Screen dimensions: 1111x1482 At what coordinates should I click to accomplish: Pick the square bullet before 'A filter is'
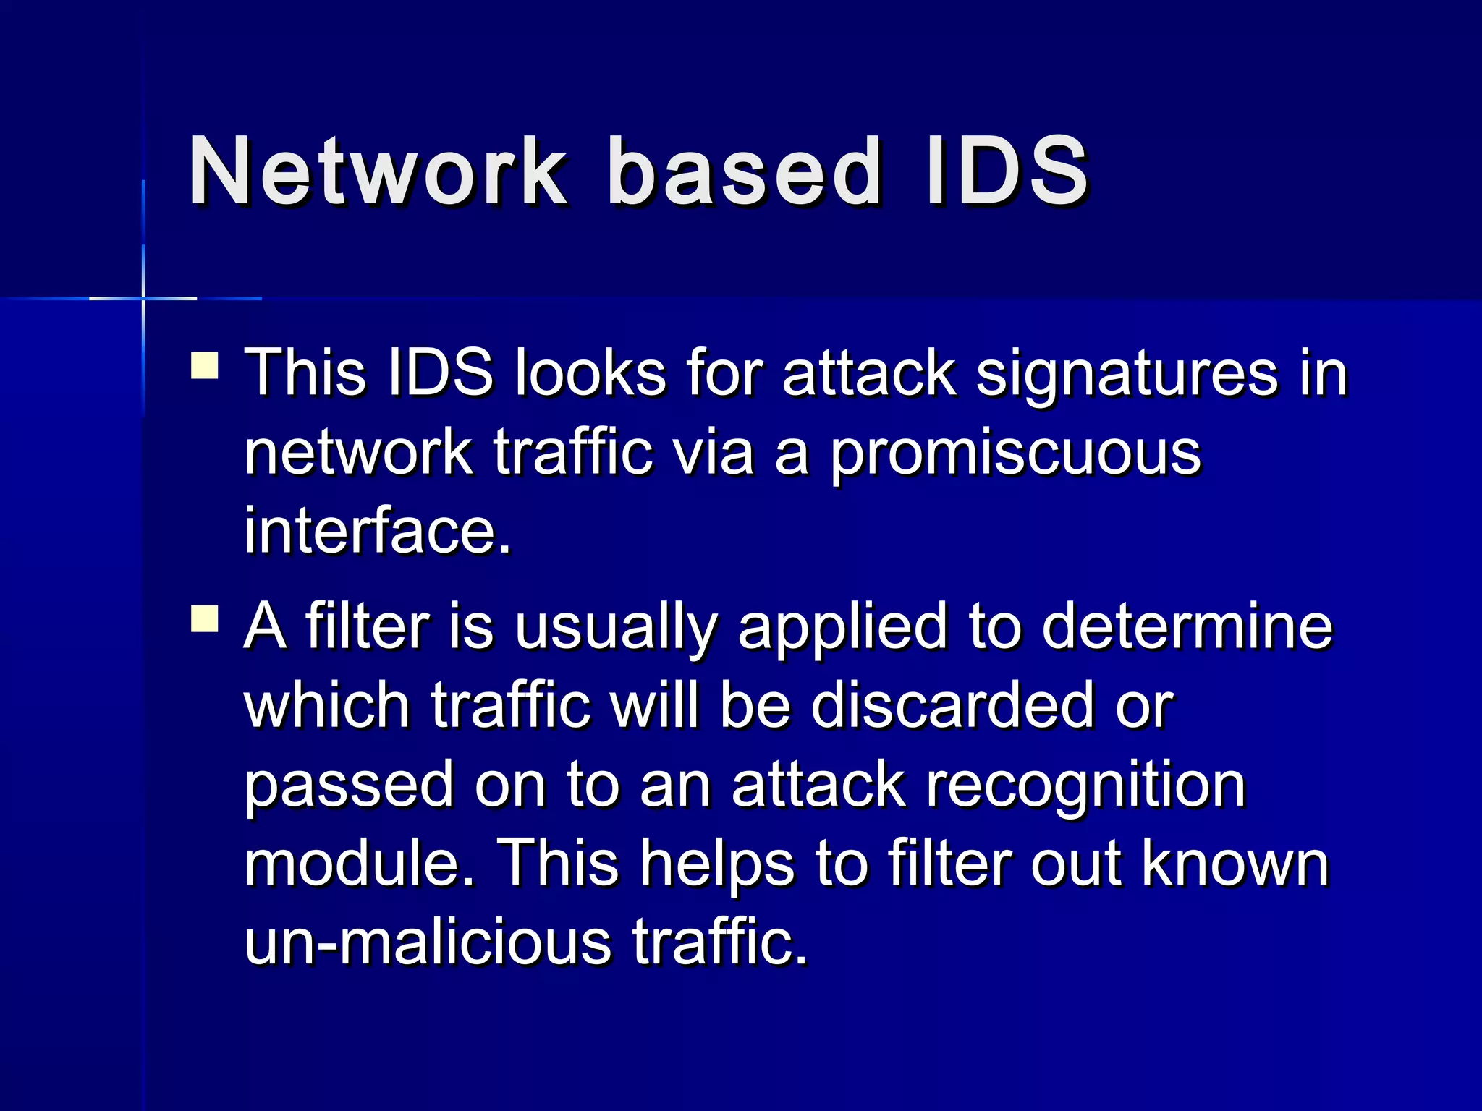[x=205, y=619]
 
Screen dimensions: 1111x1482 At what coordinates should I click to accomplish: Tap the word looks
[x=590, y=374]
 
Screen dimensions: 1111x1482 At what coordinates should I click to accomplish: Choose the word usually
[x=616, y=628]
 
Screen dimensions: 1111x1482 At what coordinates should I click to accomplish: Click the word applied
[x=842, y=628]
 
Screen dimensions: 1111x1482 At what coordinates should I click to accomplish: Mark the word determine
[x=1187, y=626]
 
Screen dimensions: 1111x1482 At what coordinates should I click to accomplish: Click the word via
[x=714, y=453]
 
